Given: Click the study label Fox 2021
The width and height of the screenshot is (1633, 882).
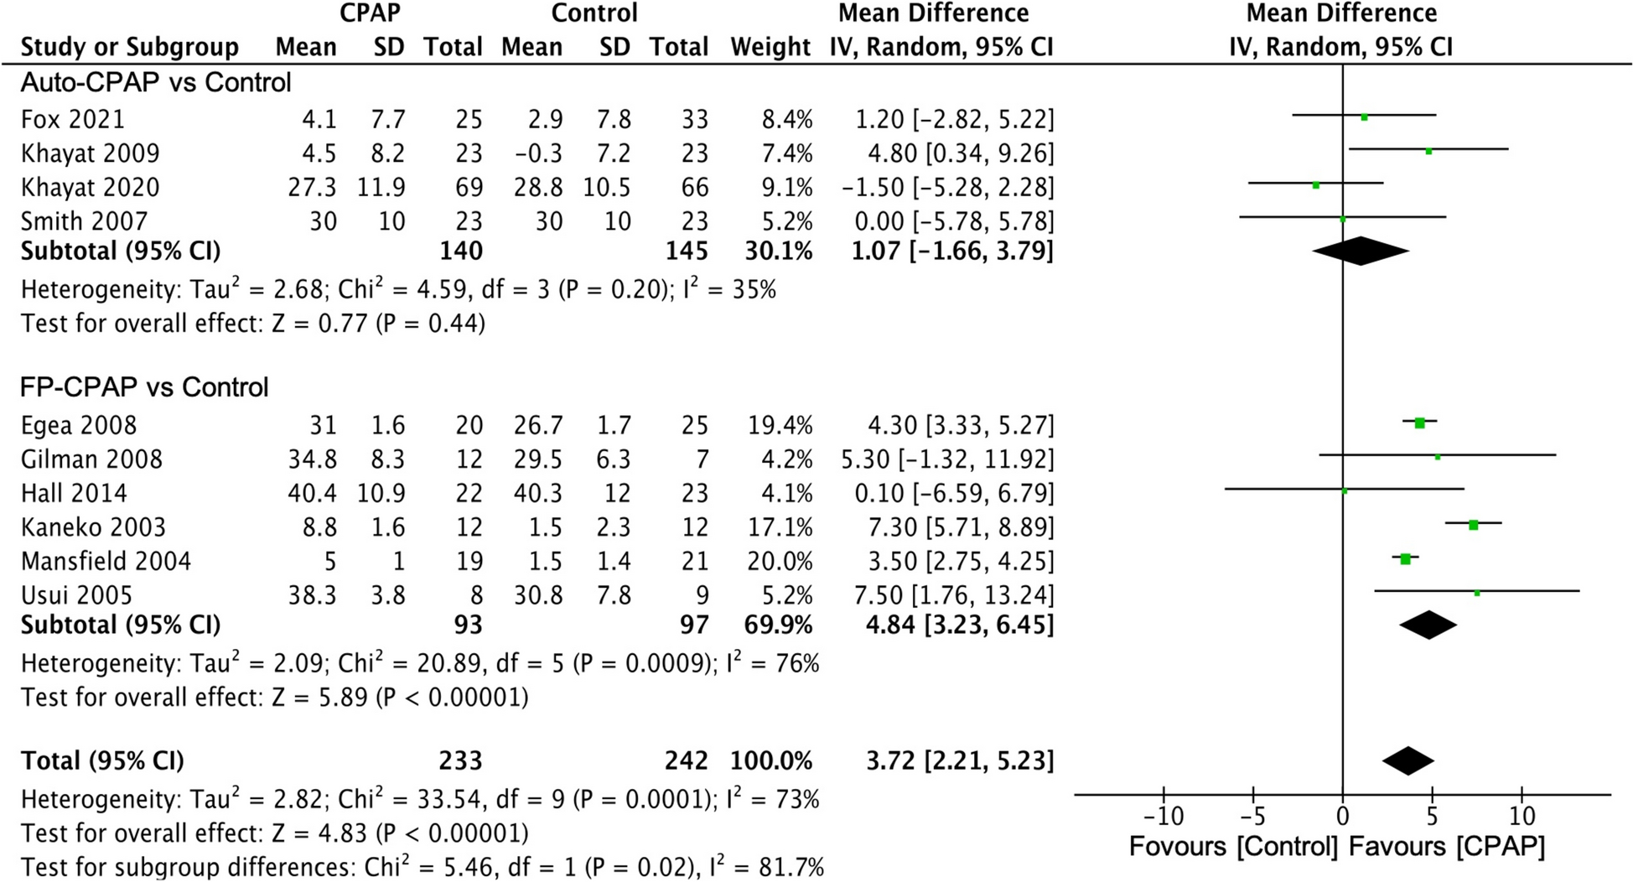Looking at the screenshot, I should pyautogui.click(x=73, y=119).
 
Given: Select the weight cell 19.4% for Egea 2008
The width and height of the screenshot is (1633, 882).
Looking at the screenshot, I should pyautogui.click(x=780, y=426).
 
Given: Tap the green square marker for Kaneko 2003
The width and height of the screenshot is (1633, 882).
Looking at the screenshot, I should pyautogui.click(x=1473, y=525).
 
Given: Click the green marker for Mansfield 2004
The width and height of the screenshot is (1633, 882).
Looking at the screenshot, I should pyautogui.click(x=1406, y=559).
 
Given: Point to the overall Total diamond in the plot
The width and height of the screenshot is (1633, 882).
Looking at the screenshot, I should pyautogui.click(x=1408, y=760).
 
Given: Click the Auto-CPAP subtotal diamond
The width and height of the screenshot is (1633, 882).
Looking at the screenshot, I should pyautogui.click(x=1361, y=251).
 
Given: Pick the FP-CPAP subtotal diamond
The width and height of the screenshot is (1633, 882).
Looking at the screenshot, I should pyautogui.click(x=1428, y=625).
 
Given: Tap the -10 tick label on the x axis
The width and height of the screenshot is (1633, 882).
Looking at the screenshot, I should pyautogui.click(x=1164, y=816).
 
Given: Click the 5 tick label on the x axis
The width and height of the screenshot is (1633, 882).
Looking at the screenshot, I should pyautogui.click(x=1432, y=816).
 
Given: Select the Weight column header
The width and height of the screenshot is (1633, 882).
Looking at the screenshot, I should pyautogui.click(x=770, y=47).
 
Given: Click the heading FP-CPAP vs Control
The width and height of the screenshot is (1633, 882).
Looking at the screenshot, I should pyautogui.click(x=144, y=387).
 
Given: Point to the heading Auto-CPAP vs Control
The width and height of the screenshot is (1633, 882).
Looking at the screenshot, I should pyautogui.click(x=156, y=83).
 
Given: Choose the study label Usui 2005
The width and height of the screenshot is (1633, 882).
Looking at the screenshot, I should pyautogui.click(x=76, y=595).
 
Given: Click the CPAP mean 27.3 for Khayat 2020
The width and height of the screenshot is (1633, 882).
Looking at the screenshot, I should pyautogui.click(x=312, y=188).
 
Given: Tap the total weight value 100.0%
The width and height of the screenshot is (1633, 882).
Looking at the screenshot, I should pyautogui.click(x=770, y=761).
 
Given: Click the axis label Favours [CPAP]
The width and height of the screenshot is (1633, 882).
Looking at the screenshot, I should pyautogui.click(x=1447, y=846).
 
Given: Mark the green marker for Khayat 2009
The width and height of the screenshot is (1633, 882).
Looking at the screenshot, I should pyautogui.click(x=1428, y=152).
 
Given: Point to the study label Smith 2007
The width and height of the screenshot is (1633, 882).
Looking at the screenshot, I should pyautogui.click(x=84, y=221).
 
